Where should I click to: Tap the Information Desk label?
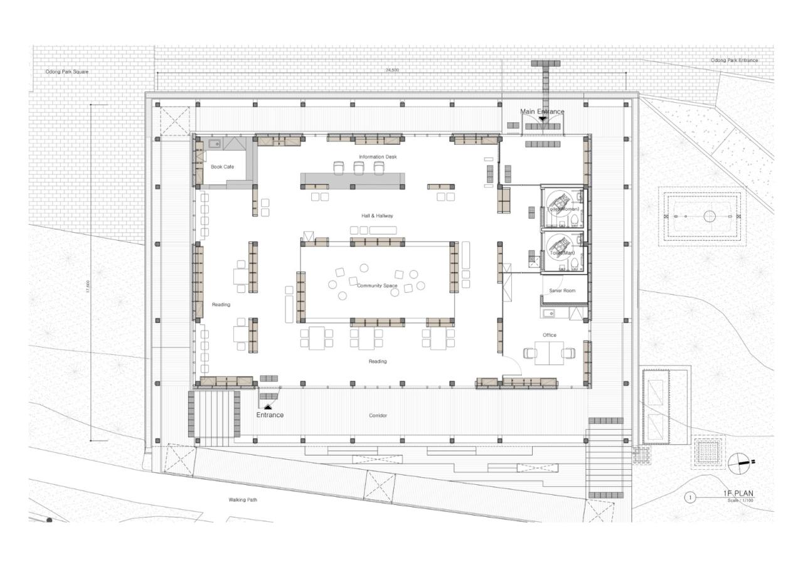click(378, 157)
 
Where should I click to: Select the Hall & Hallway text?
click(377, 216)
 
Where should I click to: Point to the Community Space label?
click(377, 286)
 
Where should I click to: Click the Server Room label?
click(562, 291)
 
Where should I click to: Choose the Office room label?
click(550, 335)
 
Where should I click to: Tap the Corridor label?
click(378, 416)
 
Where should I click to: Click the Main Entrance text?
click(542, 112)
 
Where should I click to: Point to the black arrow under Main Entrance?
click(543, 118)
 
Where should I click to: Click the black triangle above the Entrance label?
click(268, 407)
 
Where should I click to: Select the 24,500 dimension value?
click(392, 70)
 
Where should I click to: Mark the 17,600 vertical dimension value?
click(88, 285)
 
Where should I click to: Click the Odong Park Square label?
click(67, 72)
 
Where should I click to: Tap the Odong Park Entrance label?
click(734, 60)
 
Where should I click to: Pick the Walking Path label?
click(242, 500)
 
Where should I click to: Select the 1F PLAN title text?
click(738, 493)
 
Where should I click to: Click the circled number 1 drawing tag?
click(691, 497)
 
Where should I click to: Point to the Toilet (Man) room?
click(563, 253)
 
